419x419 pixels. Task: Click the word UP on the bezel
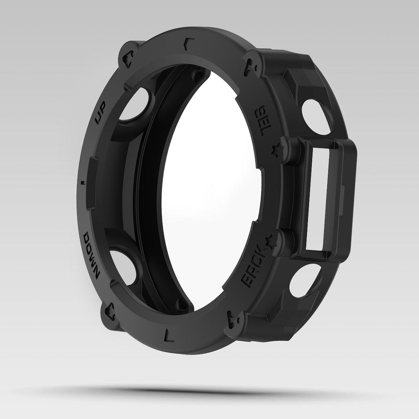101,114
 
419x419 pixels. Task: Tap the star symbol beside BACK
270,242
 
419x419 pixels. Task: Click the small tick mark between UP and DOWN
83,182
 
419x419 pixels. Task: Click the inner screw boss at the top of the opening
198,75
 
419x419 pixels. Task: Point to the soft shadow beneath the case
205,391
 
